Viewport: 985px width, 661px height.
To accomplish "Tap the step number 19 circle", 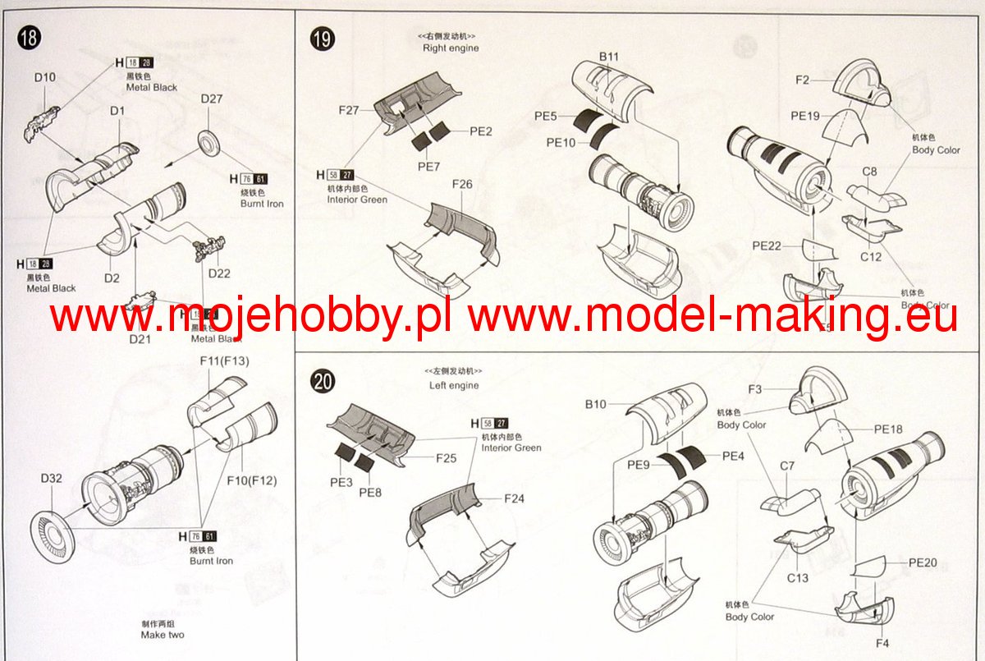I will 322,38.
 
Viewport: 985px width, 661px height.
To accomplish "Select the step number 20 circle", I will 322,381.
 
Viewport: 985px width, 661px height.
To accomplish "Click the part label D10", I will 45,77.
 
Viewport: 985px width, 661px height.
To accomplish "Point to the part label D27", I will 212,99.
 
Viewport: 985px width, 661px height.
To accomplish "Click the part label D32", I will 52,477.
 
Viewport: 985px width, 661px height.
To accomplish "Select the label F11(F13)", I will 224,360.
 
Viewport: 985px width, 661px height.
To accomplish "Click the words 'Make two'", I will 163,635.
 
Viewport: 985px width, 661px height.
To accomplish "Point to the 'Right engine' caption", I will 451,48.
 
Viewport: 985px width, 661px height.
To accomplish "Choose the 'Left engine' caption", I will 454,385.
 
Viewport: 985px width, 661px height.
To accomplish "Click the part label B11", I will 608,56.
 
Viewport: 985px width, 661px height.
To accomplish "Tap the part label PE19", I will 806,116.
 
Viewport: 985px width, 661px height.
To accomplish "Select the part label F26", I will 462,184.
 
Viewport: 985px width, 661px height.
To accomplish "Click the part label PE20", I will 923,563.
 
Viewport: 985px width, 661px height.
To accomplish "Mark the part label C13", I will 797,578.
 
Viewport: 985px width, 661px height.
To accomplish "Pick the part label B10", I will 596,404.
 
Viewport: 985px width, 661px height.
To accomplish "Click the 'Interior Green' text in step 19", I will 357,200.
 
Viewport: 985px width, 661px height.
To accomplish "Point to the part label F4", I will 882,643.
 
